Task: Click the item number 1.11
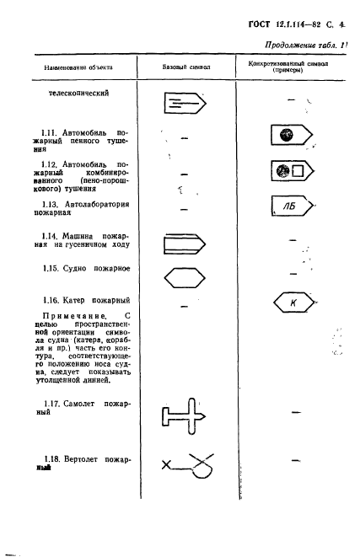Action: coord(50,133)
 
